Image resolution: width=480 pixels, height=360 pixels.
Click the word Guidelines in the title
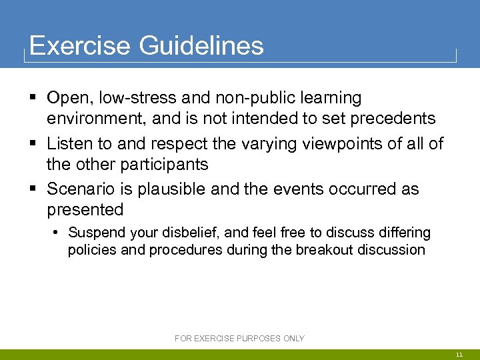[201, 46]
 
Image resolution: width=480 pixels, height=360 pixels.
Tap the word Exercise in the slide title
[80, 46]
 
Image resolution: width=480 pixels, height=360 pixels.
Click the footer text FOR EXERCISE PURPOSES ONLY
[239, 338]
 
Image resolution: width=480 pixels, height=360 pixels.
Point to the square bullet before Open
[33, 98]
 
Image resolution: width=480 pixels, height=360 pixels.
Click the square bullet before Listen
[33, 143]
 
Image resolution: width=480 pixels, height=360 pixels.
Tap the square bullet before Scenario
[33, 189]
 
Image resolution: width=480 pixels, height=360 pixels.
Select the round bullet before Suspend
[58, 233]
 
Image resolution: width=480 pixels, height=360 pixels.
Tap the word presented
[85, 209]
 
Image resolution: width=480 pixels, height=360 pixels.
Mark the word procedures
[185, 250]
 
